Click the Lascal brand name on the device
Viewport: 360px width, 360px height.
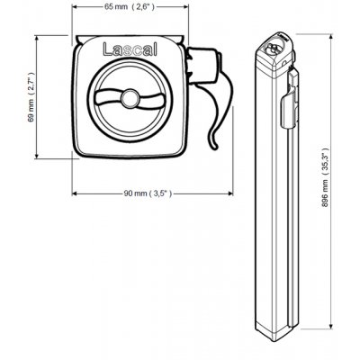(x=130, y=51)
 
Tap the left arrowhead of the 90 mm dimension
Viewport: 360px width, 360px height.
(x=74, y=193)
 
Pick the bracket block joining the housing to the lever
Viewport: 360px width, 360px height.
(x=199, y=65)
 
